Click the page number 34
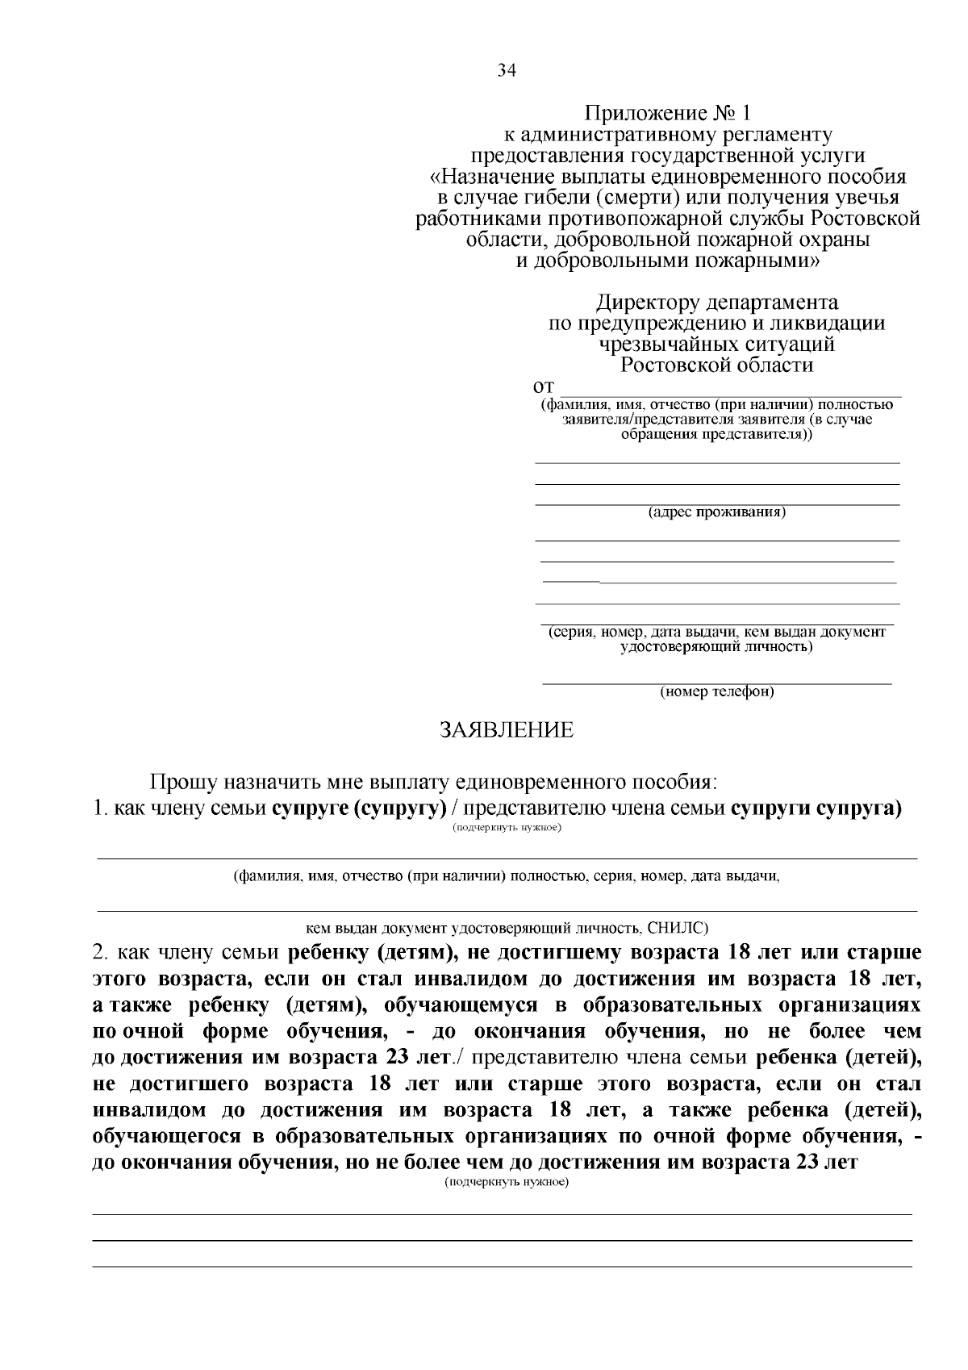tap(506, 70)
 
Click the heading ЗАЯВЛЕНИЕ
tap(507, 731)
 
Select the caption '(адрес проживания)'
tap(717, 512)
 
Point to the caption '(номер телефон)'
tap(717, 692)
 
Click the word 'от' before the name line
tap(545, 387)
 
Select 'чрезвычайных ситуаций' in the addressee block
tap(717, 345)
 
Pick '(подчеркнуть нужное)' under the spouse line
tap(507, 828)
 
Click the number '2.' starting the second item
tap(102, 953)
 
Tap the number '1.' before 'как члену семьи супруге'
tap(101, 808)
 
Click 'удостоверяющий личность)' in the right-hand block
tap(717, 646)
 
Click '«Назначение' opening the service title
tap(485, 177)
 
